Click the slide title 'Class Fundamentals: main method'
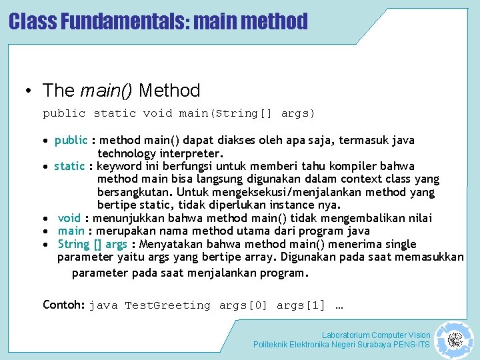coord(158,21)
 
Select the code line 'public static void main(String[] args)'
coord(179,113)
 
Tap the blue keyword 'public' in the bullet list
coord(71,140)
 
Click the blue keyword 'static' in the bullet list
coord(70,166)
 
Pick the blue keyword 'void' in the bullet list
coord(69,218)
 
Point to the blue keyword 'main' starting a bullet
coord(71,231)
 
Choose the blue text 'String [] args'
coord(92,244)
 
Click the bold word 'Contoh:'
coord(63,305)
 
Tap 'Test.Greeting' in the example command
coord(167,305)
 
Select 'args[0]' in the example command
coord(243,305)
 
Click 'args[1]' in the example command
coord(301,305)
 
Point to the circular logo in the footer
coord(455,340)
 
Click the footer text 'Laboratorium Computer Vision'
coord(376,335)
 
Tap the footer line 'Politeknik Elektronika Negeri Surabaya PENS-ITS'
coord(341,345)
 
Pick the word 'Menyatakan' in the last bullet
coord(167,244)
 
